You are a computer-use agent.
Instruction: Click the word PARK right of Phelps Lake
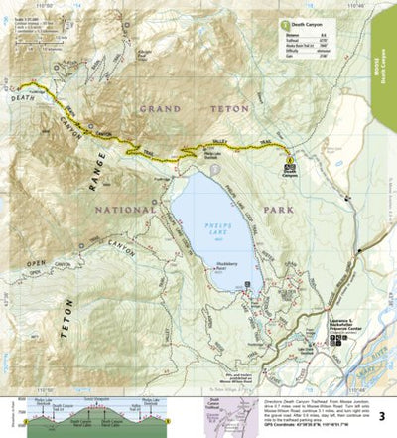[304, 210]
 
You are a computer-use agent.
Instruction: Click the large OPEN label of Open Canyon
[36, 263]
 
